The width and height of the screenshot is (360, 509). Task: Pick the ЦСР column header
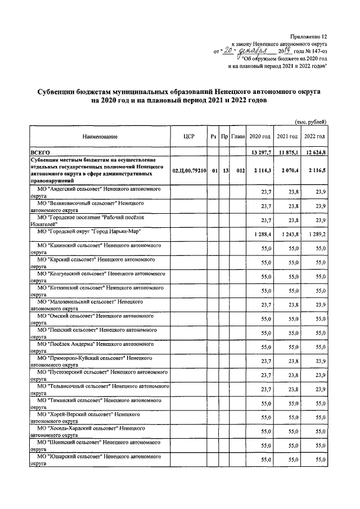point(189,137)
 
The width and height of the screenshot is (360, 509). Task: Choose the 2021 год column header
point(287,137)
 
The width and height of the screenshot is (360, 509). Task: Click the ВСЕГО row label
point(40,152)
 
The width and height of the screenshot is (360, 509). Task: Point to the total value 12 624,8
point(314,152)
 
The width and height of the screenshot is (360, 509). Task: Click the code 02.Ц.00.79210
point(189,170)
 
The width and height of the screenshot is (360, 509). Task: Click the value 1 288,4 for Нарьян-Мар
point(262,233)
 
